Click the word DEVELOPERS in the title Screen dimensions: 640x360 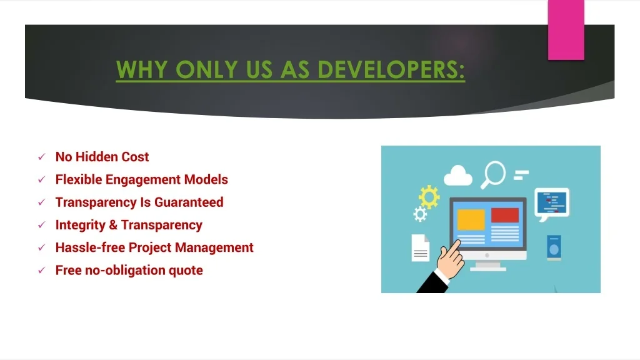[x=391, y=69]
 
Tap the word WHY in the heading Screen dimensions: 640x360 [x=142, y=69]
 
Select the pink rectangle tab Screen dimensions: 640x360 [x=566, y=30]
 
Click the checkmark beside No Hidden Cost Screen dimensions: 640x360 [x=42, y=157]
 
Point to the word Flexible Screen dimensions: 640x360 [x=79, y=179]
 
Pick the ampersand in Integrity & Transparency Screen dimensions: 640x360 [x=113, y=225]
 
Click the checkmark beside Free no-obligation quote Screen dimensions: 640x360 [x=42, y=270]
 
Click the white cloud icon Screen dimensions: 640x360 [x=457, y=176]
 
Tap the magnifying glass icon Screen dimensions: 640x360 [x=494, y=175]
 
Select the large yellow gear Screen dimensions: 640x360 [x=429, y=197]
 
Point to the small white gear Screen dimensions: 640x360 [x=419, y=214]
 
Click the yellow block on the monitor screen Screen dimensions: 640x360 [x=471, y=219]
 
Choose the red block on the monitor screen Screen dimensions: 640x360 [x=505, y=215]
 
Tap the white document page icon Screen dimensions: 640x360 [x=421, y=247]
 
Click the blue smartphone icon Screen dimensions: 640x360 [x=554, y=247]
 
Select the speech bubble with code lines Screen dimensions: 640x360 [x=552, y=204]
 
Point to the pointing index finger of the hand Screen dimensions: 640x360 [x=454, y=246]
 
